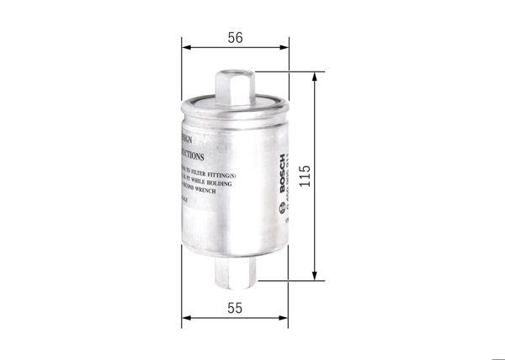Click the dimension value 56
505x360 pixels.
point(235,38)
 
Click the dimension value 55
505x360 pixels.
point(235,308)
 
